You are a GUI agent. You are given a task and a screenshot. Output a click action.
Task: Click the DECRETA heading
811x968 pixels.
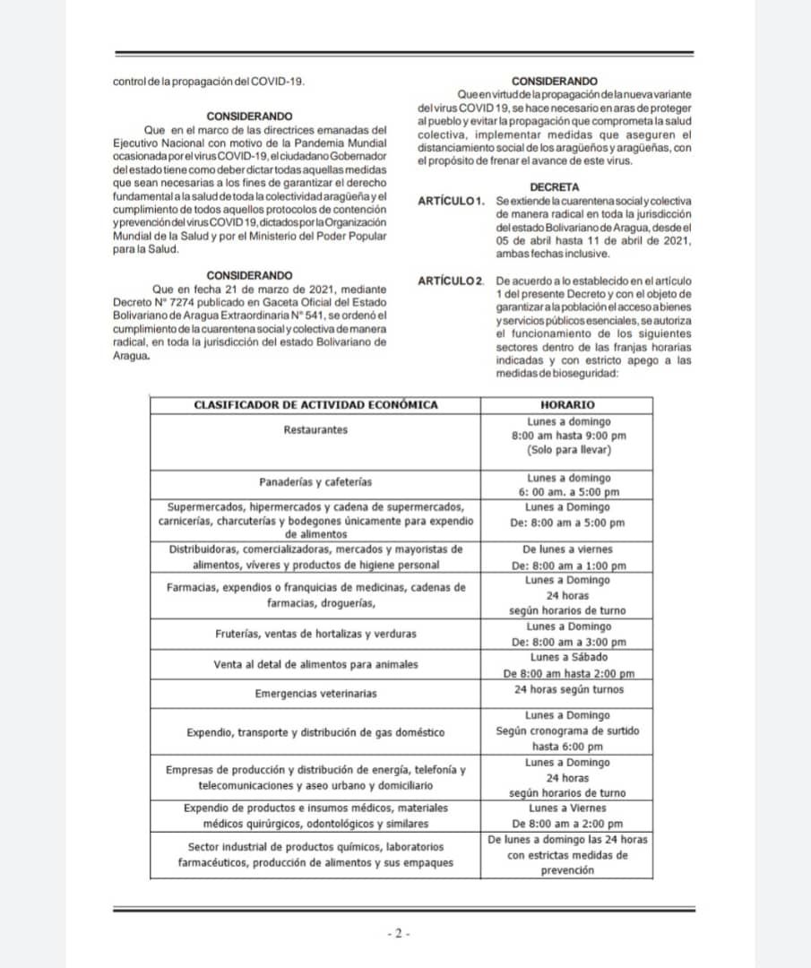pos(555,186)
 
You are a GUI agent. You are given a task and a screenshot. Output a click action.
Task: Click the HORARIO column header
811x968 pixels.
pos(567,405)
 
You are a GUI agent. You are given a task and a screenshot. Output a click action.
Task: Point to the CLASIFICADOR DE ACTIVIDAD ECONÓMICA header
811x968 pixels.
pos(315,405)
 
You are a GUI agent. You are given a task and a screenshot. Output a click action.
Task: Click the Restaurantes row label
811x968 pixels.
pos(315,430)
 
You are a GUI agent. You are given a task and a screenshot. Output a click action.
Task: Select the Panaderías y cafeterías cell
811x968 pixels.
pos(315,481)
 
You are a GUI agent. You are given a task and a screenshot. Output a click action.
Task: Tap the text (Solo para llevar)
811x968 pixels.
pos(567,451)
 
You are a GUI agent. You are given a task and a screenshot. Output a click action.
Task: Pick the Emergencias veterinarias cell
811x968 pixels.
pos(315,694)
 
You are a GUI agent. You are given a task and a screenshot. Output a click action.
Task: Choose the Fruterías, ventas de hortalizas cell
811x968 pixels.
pos(315,634)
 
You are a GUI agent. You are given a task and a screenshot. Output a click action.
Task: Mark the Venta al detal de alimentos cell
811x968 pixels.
pos(315,665)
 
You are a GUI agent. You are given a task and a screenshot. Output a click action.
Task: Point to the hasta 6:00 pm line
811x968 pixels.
pos(567,747)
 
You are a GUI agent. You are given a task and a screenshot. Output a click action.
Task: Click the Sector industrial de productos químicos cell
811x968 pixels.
pos(315,855)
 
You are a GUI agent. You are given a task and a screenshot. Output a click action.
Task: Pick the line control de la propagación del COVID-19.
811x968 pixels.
pos(209,82)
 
